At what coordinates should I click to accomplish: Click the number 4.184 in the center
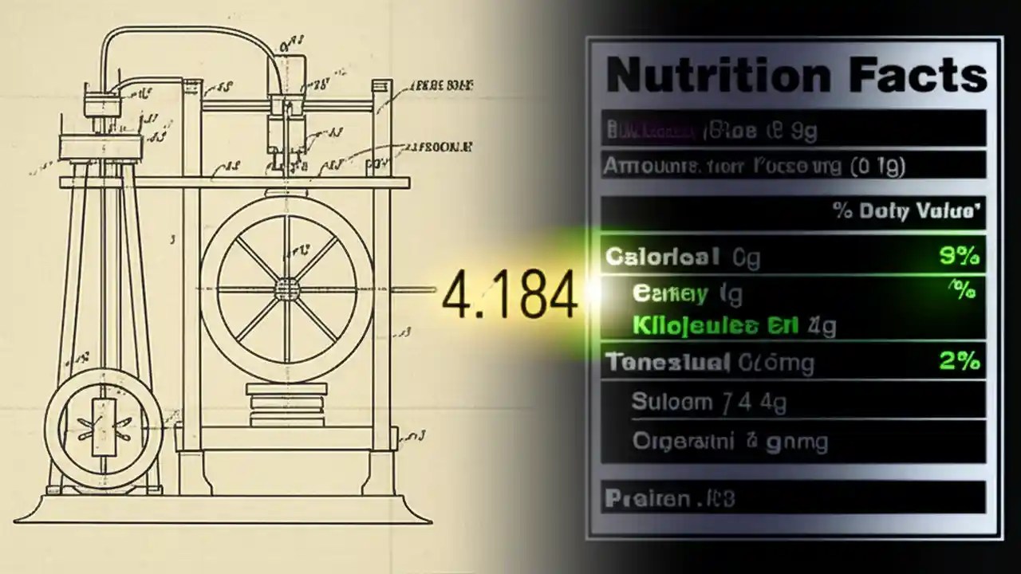coord(509,296)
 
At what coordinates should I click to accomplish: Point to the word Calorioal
coord(662,257)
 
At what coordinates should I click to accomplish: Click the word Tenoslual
coord(668,363)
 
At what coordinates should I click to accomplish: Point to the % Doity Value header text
coord(906,212)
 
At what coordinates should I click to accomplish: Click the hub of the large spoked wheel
coord(286,288)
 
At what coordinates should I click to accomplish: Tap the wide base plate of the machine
coord(223,511)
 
